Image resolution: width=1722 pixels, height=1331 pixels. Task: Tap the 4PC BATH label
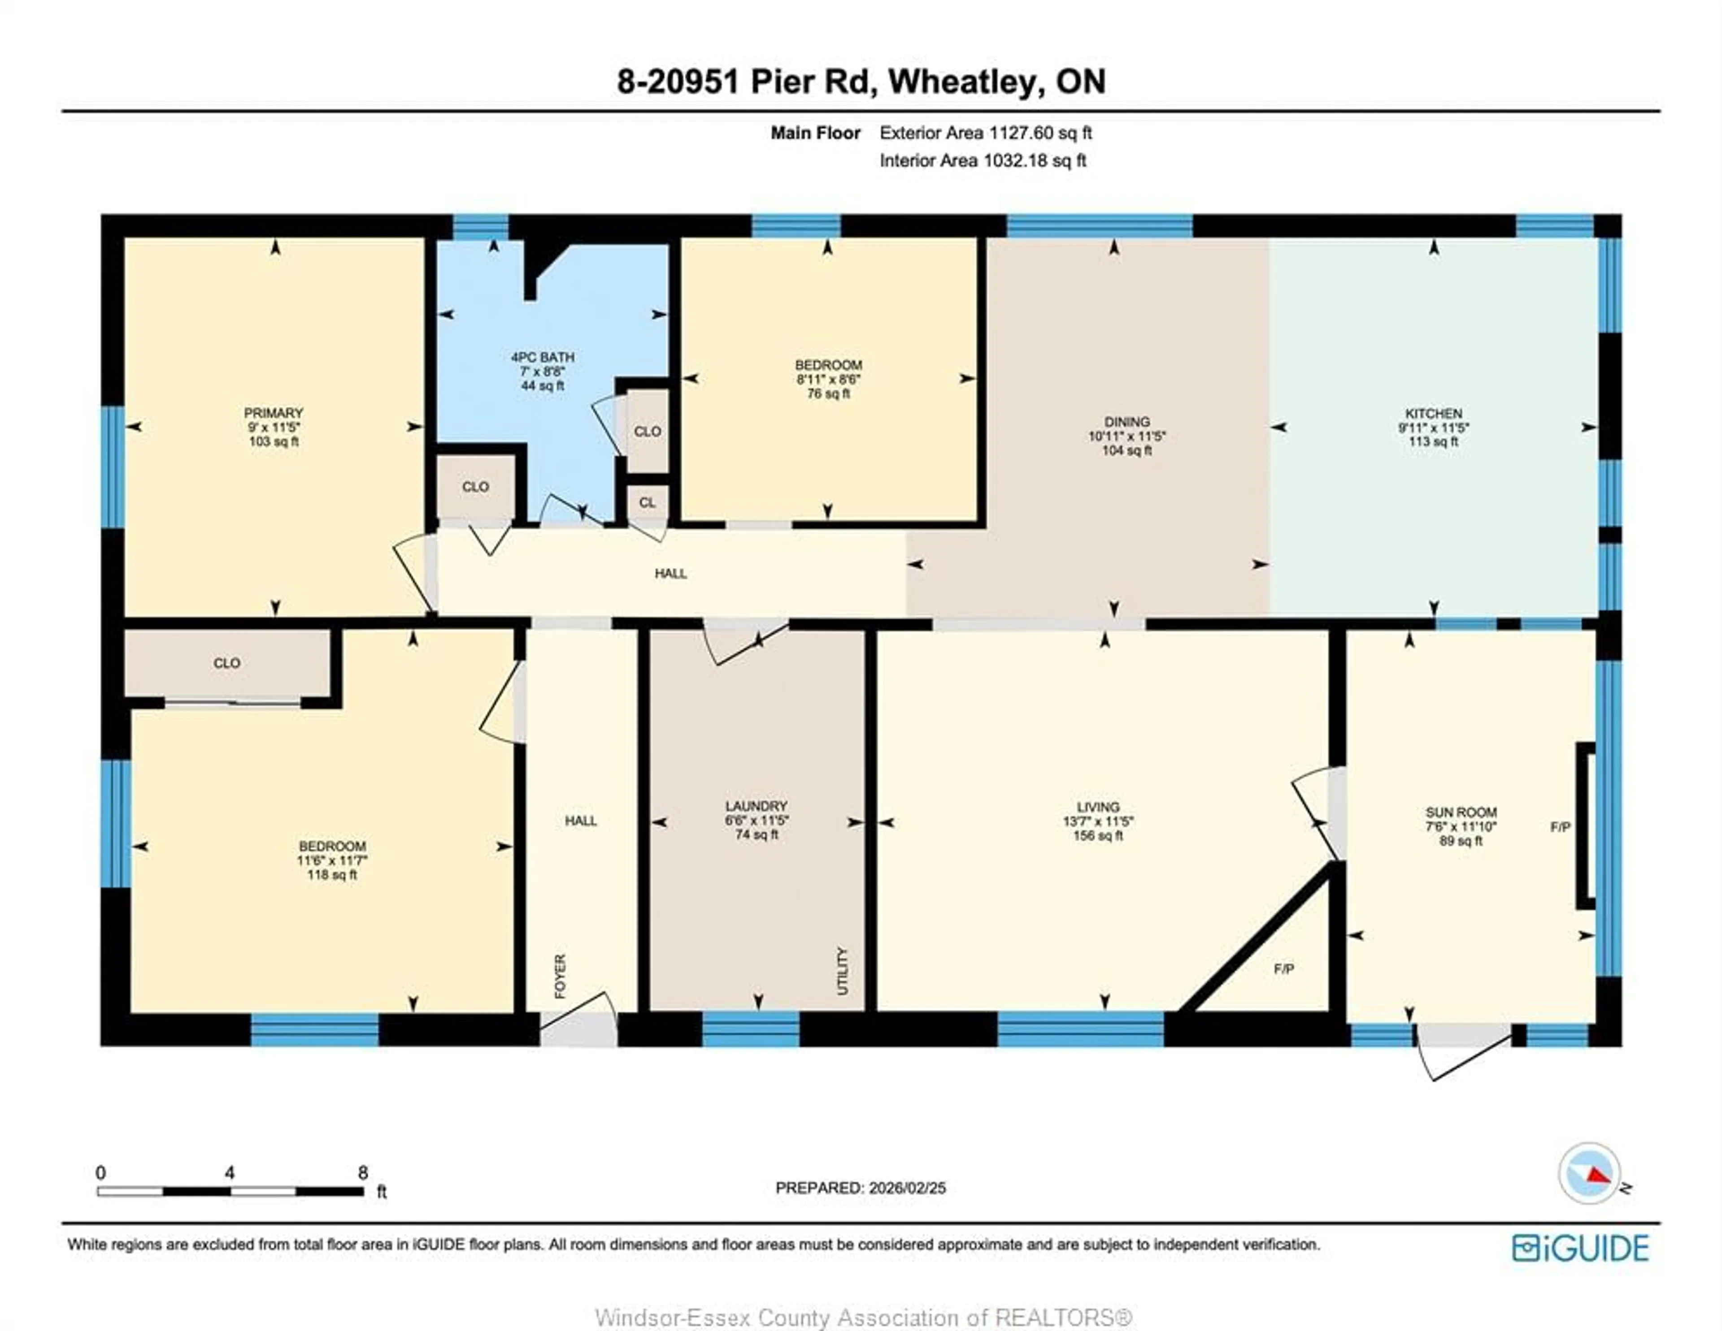pyautogui.click(x=543, y=357)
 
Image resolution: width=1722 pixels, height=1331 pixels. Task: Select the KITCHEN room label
pyautogui.click(x=1433, y=413)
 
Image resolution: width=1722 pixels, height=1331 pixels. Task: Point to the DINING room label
pyautogui.click(x=1127, y=422)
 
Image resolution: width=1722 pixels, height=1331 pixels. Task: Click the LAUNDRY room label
pyautogui.click(x=756, y=805)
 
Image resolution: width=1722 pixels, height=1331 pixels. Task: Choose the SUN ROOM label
pyautogui.click(x=1460, y=812)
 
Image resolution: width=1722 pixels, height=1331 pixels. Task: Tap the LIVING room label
pyautogui.click(x=1097, y=807)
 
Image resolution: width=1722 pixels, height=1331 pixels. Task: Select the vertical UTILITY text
pyautogui.click(x=842, y=971)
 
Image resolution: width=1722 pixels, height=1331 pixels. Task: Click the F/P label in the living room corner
pyautogui.click(x=1283, y=968)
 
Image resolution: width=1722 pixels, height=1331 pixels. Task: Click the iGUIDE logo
pyautogui.click(x=1580, y=1248)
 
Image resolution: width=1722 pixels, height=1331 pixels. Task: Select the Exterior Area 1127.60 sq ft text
pyautogui.click(x=986, y=133)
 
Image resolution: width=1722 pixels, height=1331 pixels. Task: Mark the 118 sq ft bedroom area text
pyautogui.click(x=332, y=875)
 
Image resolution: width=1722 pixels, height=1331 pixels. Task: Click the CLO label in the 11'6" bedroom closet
pyautogui.click(x=226, y=663)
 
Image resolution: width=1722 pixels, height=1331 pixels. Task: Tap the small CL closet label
pyautogui.click(x=648, y=502)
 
